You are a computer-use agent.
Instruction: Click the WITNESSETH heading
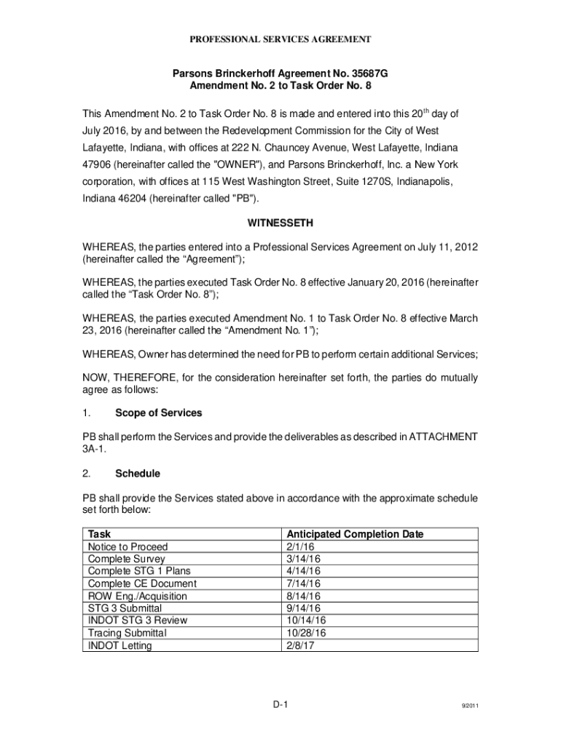click(280, 221)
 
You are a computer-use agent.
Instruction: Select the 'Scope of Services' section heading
click(158, 413)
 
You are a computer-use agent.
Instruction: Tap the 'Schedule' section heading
click(138, 474)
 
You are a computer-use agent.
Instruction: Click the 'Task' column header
click(99, 534)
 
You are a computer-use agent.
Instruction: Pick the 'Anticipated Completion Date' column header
click(355, 534)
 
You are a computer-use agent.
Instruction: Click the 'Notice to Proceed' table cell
click(127, 546)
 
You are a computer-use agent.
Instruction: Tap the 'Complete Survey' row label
click(126, 559)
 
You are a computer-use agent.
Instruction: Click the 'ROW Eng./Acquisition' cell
click(137, 596)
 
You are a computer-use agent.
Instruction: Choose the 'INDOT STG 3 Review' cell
click(137, 621)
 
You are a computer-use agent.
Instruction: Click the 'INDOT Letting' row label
click(119, 645)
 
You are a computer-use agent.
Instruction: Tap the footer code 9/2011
click(468, 706)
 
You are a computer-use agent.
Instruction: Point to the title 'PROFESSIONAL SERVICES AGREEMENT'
click(280, 39)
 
